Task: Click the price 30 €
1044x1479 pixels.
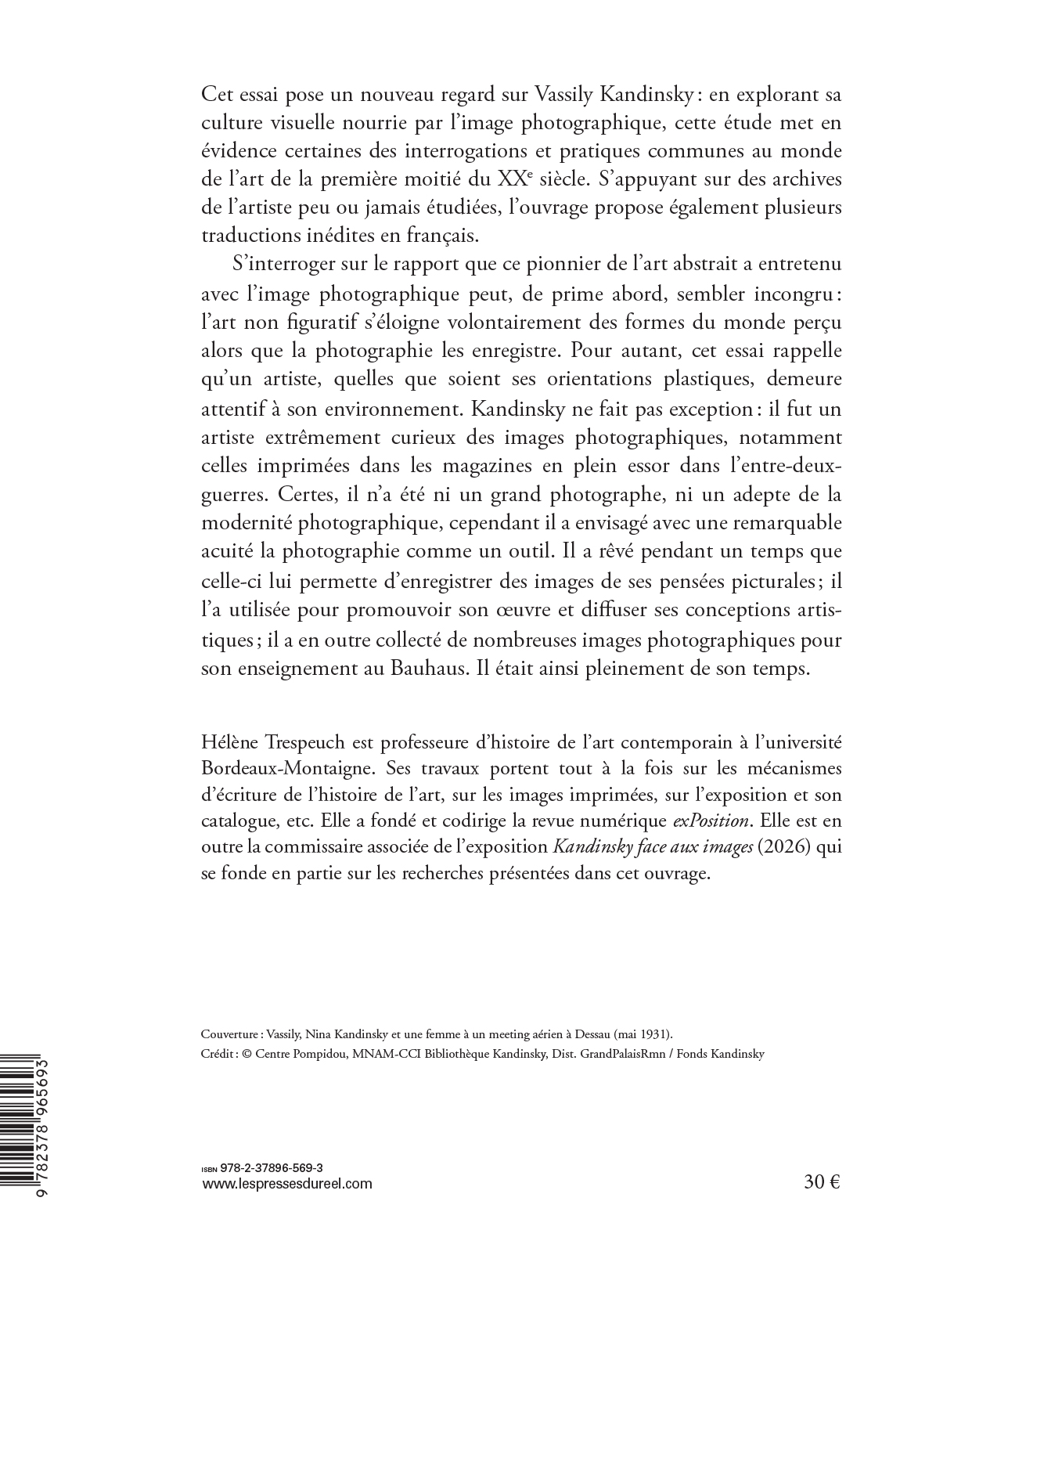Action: [x=822, y=1183]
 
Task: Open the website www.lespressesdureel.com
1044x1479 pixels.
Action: [x=287, y=1184]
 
